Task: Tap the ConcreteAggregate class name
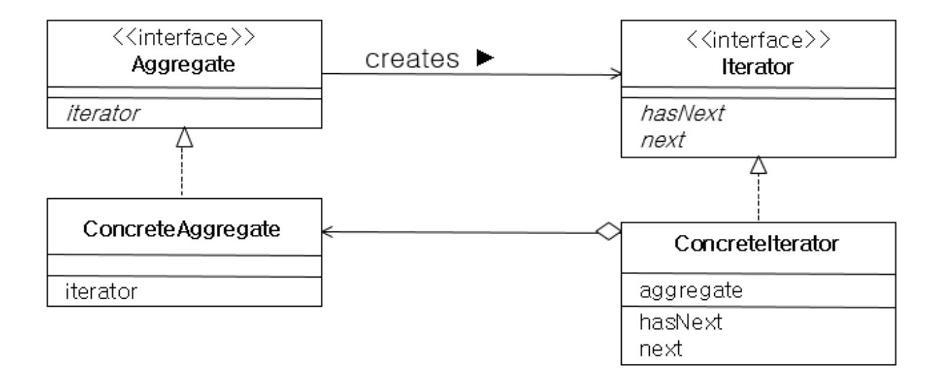click(x=181, y=229)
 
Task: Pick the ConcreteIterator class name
click(x=757, y=244)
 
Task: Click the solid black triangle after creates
click(x=485, y=59)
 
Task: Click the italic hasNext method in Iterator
click(x=680, y=114)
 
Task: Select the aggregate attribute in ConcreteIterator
click(x=691, y=291)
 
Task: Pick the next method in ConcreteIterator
click(x=661, y=349)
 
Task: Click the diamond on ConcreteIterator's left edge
click(x=608, y=233)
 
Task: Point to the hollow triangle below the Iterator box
click(x=758, y=164)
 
